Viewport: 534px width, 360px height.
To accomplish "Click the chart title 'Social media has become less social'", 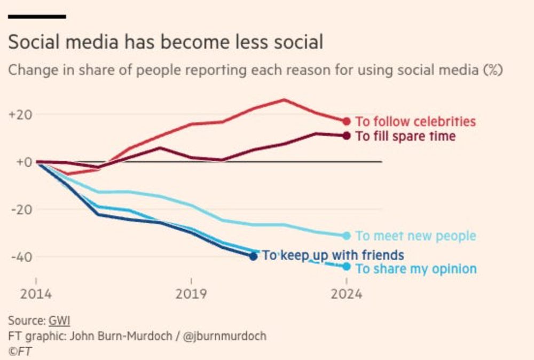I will point(166,42).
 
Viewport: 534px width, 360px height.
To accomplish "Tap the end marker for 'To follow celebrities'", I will point(347,122).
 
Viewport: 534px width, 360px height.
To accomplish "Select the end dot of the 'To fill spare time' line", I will point(347,136).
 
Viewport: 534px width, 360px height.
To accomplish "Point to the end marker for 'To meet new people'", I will point(347,236).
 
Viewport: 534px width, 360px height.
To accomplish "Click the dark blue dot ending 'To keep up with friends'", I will point(253,256).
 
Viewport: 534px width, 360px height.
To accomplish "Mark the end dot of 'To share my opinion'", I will point(347,266).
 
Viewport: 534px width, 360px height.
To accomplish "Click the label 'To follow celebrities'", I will point(415,122).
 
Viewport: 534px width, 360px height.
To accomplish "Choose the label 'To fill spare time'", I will point(405,136).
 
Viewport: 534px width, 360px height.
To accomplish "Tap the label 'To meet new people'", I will point(415,236).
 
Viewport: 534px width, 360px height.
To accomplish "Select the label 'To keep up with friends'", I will point(333,255).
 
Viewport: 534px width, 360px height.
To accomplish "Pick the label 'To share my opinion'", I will point(416,269).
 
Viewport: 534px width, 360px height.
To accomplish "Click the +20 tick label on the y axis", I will point(20,114).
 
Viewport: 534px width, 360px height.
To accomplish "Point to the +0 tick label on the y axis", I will point(23,162).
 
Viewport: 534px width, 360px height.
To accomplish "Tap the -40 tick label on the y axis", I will point(21,256).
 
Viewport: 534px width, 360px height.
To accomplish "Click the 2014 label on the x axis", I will point(36,294).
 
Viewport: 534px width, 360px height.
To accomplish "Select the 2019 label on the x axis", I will point(191,294).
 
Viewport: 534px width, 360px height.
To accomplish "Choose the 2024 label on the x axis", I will point(346,294).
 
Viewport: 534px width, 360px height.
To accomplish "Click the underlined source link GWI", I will point(59,320).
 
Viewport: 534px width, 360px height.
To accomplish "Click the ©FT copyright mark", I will point(20,351).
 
